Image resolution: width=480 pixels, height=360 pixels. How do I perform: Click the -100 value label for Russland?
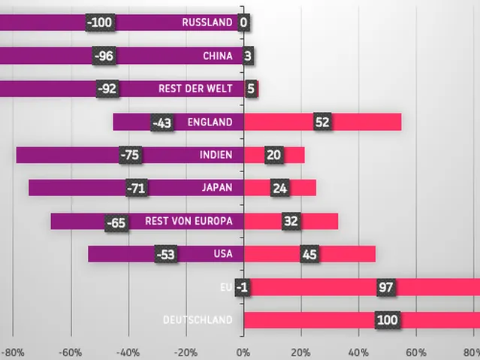[100, 23]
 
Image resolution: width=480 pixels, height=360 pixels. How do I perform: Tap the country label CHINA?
[218, 56]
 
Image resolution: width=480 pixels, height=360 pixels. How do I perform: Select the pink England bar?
[323, 122]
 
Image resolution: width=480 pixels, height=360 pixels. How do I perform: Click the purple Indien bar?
[130, 155]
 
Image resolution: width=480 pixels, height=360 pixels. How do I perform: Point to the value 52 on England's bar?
[323, 122]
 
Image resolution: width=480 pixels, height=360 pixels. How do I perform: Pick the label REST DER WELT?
[195, 89]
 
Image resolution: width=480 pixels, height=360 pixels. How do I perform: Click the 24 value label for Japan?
[279, 188]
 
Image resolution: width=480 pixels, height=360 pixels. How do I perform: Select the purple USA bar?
[166, 254]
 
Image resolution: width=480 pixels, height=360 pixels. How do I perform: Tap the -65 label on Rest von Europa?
[116, 222]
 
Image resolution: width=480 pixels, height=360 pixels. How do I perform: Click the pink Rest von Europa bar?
[291, 221]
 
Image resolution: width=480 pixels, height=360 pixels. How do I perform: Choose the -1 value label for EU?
[243, 287]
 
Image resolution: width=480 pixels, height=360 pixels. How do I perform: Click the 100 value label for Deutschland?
[388, 320]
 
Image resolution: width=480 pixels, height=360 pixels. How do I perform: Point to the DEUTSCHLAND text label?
[198, 320]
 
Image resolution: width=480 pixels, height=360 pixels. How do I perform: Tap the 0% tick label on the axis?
[243, 353]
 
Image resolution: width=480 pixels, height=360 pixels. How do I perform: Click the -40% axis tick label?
[128, 353]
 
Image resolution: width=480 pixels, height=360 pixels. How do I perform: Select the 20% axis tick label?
[301, 353]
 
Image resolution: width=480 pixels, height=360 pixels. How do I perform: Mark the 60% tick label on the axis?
[416, 353]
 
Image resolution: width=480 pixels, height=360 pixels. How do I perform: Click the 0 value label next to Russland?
[243, 23]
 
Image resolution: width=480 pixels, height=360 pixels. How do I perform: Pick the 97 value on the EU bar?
[385, 287]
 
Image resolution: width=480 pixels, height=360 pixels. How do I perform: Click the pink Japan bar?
[280, 187]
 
